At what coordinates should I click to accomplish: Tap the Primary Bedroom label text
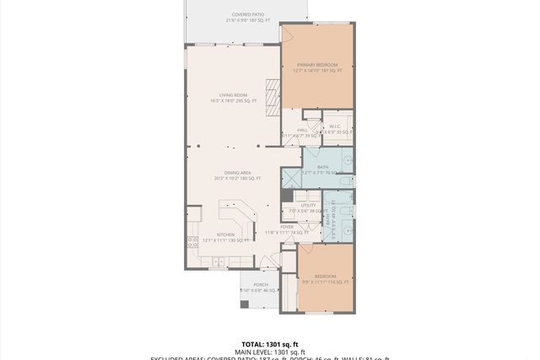tap(316, 67)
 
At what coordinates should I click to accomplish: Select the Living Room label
tap(232, 98)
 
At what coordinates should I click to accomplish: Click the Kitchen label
tap(225, 237)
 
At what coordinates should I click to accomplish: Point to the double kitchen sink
tap(218, 262)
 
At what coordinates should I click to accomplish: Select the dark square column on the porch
tap(244, 304)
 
